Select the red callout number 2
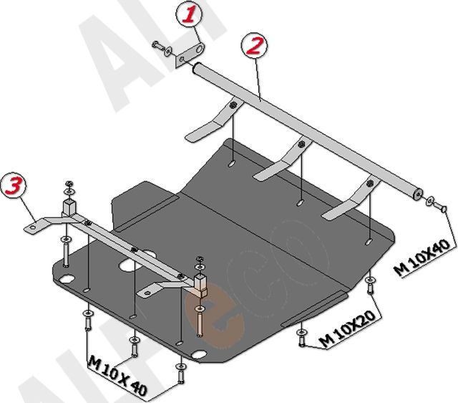(253, 45)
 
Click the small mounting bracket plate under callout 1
(190, 55)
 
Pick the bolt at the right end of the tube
(439, 205)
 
